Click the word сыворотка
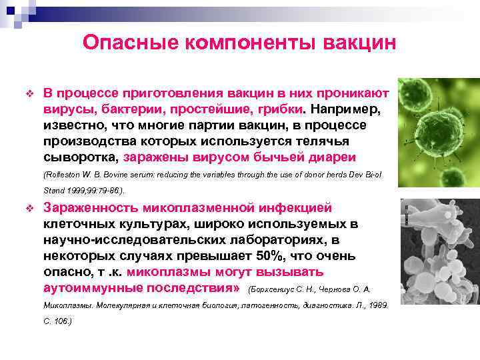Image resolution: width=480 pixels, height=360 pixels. pyautogui.click(x=80, y=157)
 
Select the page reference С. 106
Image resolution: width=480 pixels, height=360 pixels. pyautogui.click(x=57, y=321)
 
